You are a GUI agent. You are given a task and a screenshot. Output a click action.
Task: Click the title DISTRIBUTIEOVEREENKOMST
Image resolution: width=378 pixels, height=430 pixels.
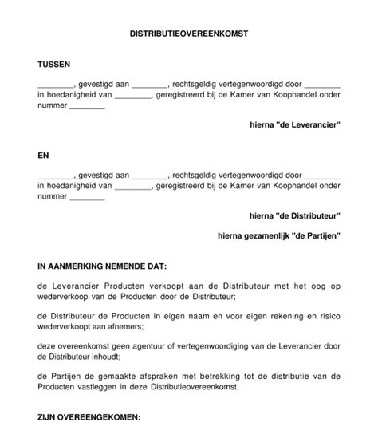coord(189,35)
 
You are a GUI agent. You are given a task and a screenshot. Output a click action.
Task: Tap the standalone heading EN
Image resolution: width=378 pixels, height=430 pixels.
coord(43,156)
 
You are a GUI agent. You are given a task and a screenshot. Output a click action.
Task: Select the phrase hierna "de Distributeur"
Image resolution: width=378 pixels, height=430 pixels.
coord(295,215)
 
